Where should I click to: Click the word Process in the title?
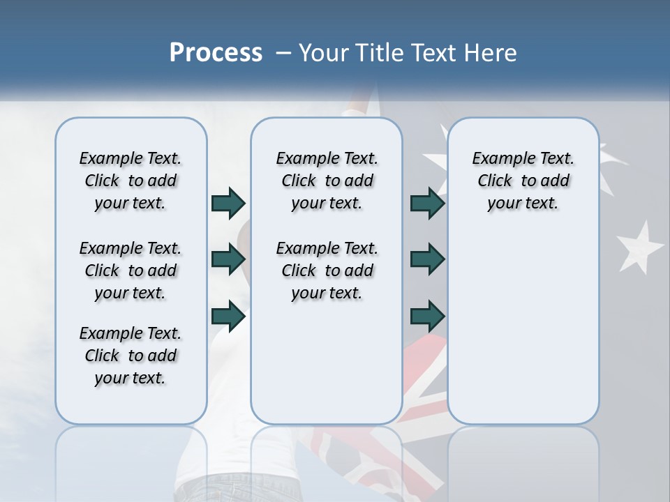click(216, 53)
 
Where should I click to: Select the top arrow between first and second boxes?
click(228, 203)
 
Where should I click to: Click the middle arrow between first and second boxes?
click(228, 259)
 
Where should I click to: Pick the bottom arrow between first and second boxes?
click(228, 317)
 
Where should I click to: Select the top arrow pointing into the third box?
click(427, 203)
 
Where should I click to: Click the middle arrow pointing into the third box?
click(427, 259)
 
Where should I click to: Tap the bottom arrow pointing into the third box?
click(427, 317)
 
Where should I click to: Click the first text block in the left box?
click(131, 181)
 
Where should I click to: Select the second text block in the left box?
click(131, 271)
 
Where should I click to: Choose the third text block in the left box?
click(131, 356)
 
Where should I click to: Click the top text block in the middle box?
click(327, 181)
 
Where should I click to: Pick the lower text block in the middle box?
click(327, 271)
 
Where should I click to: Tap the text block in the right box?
click(523, 181)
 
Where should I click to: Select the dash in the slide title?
click(283, 53)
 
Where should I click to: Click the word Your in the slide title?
click(323, 53)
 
